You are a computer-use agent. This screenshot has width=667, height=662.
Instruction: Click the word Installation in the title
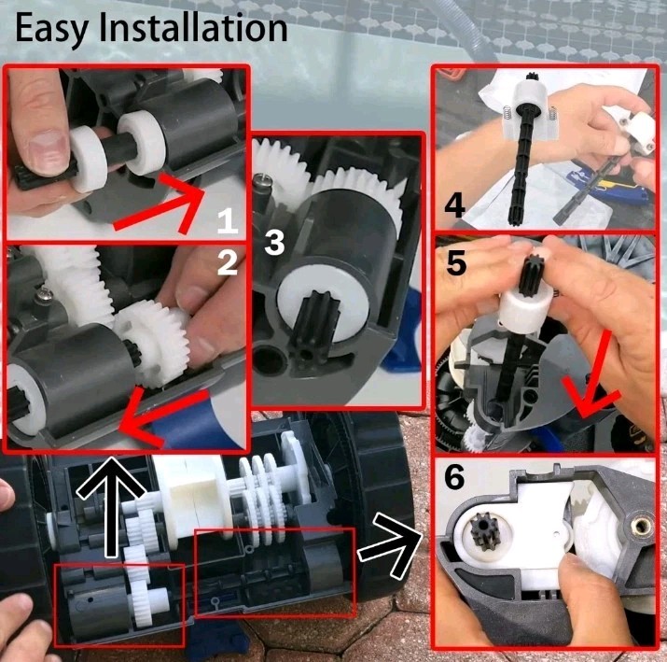[x=193, y=27]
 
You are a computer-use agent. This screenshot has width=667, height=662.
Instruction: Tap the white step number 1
[x=228, y=221]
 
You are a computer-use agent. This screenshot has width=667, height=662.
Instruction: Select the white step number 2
[x=228, y=262]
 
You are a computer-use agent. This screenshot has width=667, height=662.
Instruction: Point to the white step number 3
[x=274, y=243]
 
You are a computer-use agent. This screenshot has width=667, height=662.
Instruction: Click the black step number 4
[x=454, y=205]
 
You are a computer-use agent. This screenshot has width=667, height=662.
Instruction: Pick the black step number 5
[x=456, y=262]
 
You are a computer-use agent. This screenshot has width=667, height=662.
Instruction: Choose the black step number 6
[x=454, y=478]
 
